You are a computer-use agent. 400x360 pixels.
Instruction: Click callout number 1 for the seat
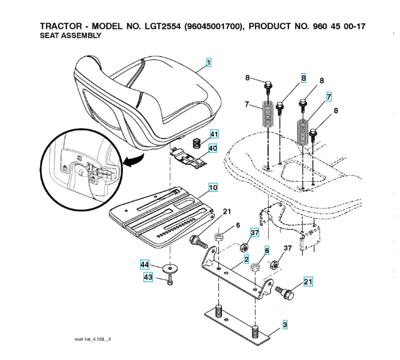[209, 62]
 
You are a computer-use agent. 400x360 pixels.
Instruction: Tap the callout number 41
[214, 134]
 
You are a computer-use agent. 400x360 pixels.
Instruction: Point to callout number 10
[212, 188]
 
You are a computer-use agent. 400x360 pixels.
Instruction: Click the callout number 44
[145, 264]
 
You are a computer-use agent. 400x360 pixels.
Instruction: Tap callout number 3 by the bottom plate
[285, 325]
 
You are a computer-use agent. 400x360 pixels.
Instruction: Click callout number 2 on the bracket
[246, 260]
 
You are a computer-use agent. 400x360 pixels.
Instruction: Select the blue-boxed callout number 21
[308, 280]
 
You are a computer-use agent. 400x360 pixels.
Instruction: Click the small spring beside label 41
[197, 143]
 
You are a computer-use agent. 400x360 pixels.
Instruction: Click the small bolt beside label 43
[171, 280]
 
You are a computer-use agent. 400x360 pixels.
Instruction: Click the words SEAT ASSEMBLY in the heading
[70, 36]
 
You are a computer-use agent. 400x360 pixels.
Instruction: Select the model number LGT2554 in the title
[162, 26]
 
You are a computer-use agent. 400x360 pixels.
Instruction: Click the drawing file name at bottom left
[93, 340]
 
